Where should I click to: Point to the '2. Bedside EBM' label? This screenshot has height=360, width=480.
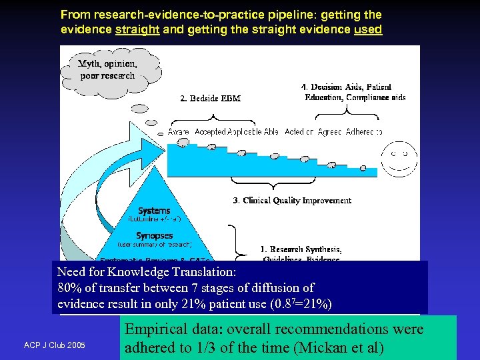210,99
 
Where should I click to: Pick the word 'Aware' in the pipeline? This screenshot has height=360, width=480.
178,132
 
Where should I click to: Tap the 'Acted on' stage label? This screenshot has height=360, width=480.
299,132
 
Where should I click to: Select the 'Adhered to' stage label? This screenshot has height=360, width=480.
364,132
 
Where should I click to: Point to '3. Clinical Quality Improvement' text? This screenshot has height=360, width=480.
292,200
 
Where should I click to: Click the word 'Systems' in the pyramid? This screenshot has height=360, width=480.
154,211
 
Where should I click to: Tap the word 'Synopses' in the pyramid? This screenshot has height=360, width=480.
154,235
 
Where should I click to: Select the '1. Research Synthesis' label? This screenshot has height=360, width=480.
301,250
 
